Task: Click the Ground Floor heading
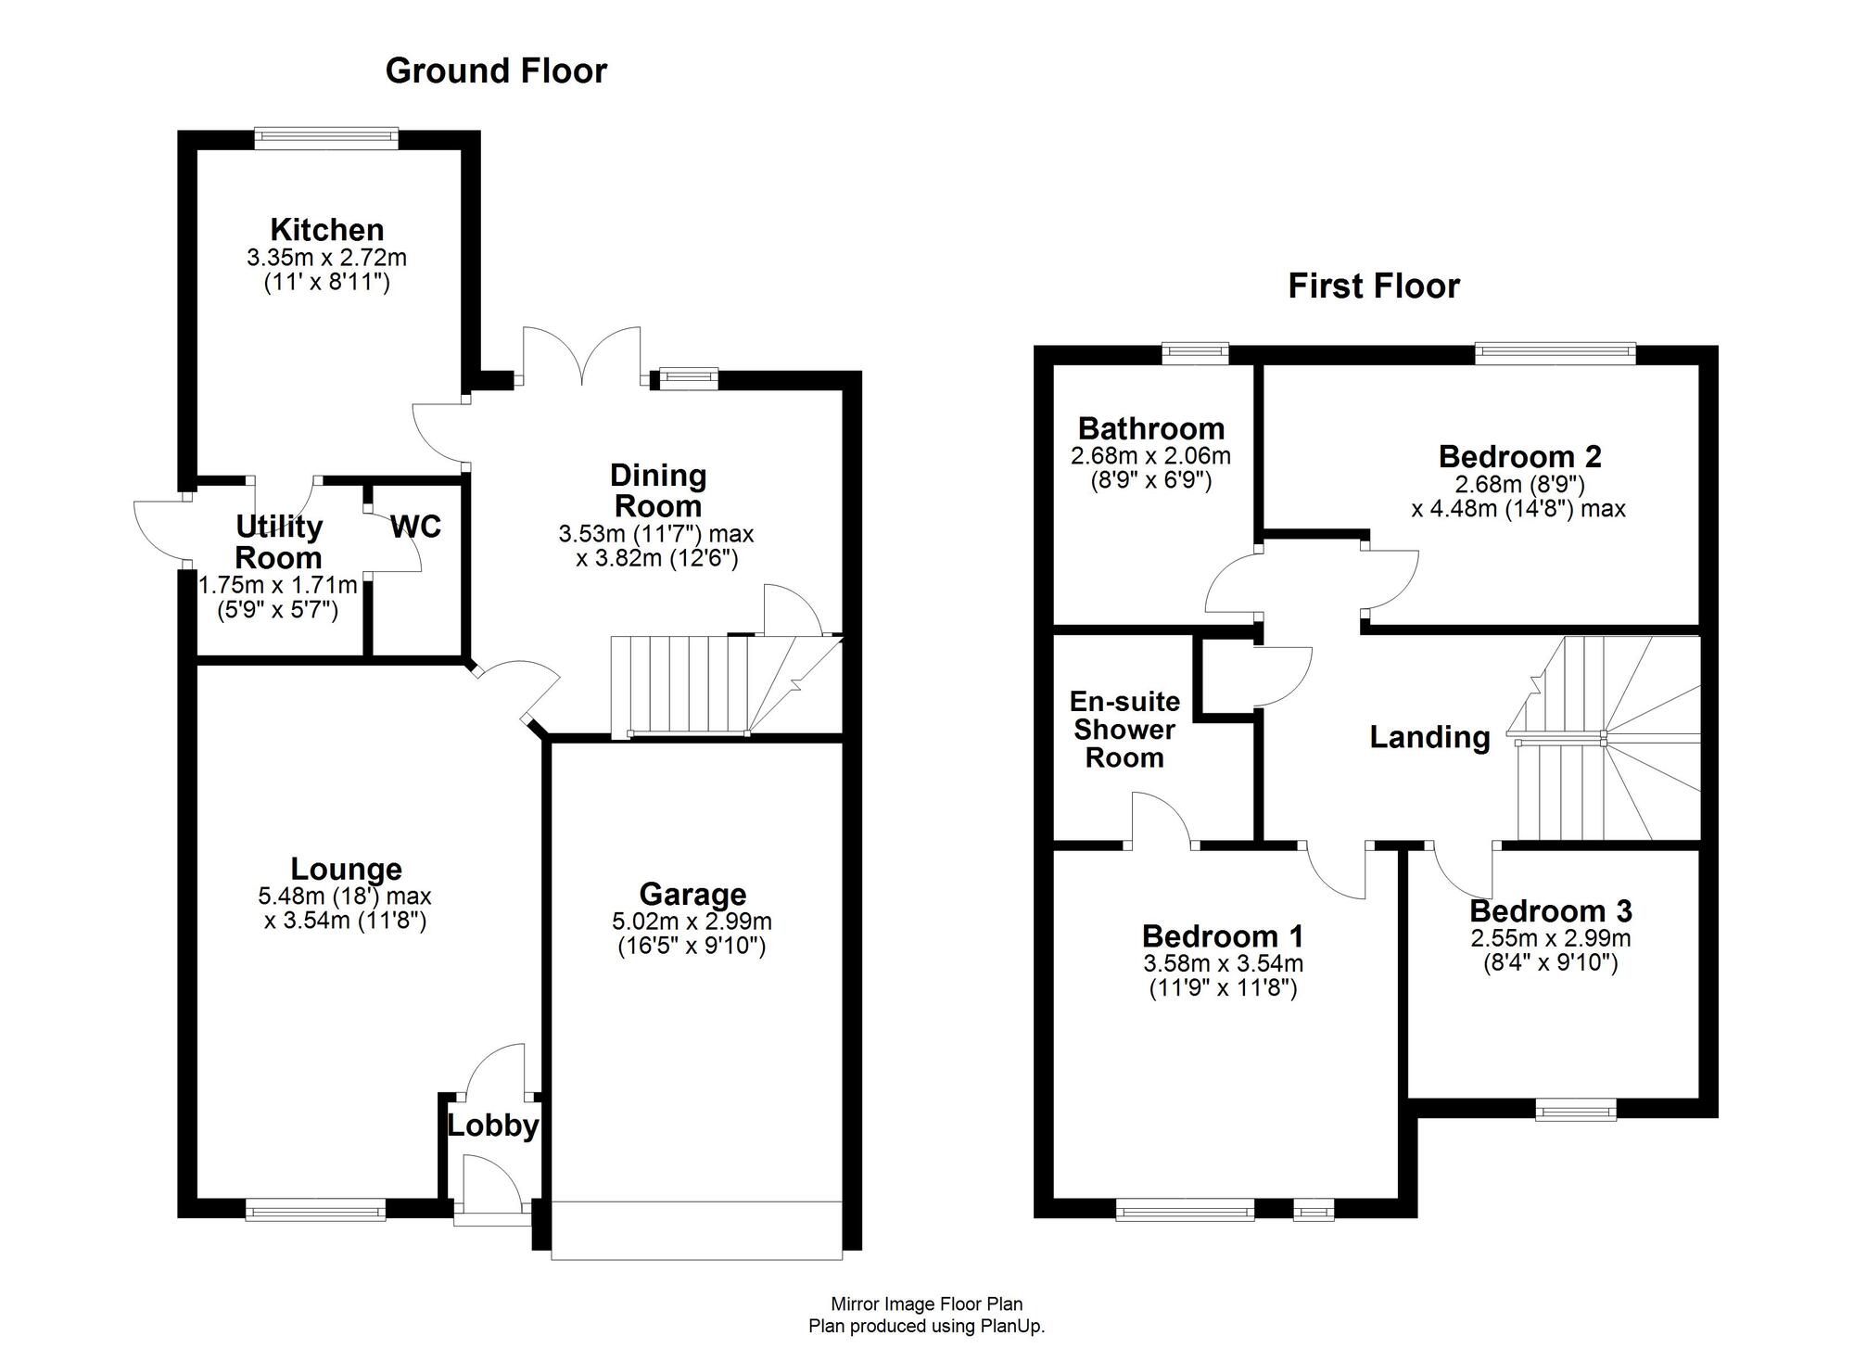coord(496,71)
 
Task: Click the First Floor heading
coord(1373,286)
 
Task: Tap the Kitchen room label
coord(326,229)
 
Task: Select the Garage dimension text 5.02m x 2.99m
coord(692,922)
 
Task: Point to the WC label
coord(415,527)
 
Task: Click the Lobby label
coord(492,1125)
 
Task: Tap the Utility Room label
coord(278,542)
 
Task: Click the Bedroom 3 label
coord(1550,911)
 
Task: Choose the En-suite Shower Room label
coord(1124,729)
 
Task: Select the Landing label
coord(1429,737)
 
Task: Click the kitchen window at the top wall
coord(326,138)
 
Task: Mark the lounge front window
coord(315,1209)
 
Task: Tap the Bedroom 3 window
coord(1575,1109)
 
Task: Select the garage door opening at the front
coord(696,1231)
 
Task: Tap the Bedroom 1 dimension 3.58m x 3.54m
coord(1223,964)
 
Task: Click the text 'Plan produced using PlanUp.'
coord(926,1326)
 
